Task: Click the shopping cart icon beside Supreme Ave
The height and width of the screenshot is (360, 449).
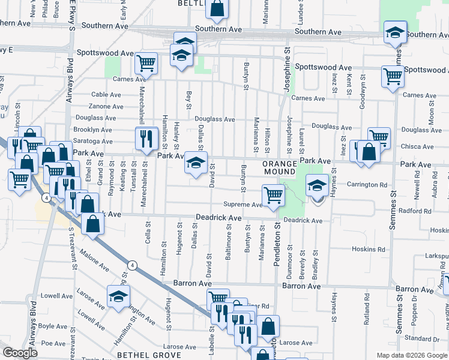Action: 273,195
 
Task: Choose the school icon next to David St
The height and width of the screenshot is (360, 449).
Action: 196,164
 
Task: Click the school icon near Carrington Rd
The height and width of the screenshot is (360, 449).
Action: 316,187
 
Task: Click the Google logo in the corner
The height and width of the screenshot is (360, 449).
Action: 20,353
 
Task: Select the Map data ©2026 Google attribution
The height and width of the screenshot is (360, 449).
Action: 412,355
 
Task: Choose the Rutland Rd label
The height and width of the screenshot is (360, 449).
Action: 366,305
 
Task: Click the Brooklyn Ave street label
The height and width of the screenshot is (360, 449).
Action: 92,130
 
